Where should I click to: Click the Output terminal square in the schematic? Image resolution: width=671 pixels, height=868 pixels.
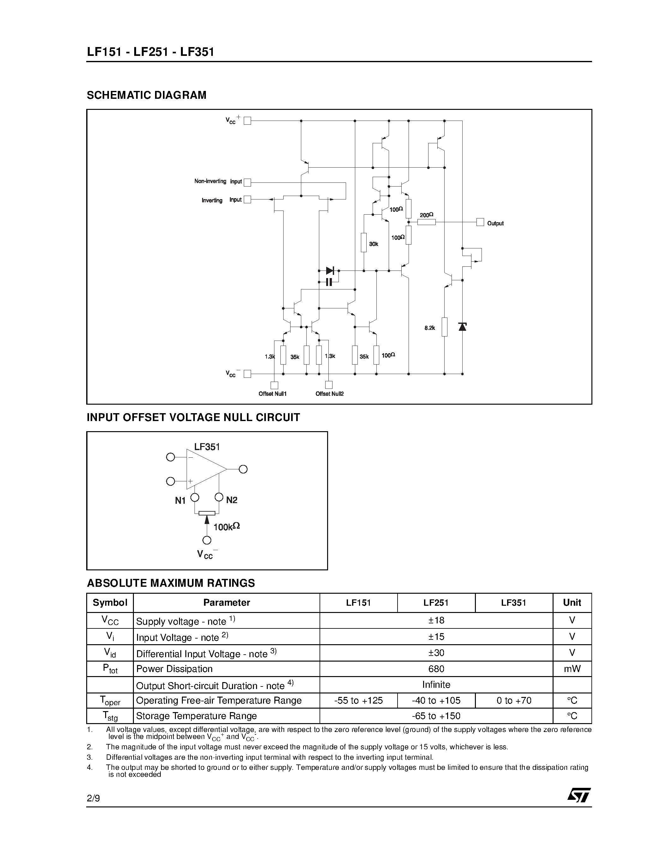point(480,222)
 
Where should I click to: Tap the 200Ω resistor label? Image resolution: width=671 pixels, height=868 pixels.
point(427,215)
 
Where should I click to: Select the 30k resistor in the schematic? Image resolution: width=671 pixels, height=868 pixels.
point(363,242)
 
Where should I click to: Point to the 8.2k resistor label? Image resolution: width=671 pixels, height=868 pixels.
point(430,328)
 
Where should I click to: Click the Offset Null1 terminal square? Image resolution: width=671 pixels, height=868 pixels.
point(274,385)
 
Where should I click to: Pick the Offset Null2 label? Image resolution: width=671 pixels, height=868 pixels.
point(330,394)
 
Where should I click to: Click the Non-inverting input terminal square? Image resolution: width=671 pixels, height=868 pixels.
point(247,182)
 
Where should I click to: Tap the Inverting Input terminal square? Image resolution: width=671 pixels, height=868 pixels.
point(247,199)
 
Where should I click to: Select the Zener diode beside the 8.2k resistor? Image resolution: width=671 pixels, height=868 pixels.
point(462,327)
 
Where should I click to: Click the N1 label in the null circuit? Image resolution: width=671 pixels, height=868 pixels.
point(180,501)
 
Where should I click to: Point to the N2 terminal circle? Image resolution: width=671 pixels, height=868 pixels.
point(219,497)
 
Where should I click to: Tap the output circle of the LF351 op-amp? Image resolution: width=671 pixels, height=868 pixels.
point(243,469)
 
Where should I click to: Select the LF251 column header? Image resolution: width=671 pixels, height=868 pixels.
point(436,603)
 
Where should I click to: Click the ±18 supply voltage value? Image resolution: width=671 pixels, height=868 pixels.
point(436,621)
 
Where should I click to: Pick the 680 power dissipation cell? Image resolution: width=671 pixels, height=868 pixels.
point(436,669)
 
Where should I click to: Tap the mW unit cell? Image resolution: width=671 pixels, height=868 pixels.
point(572,669)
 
